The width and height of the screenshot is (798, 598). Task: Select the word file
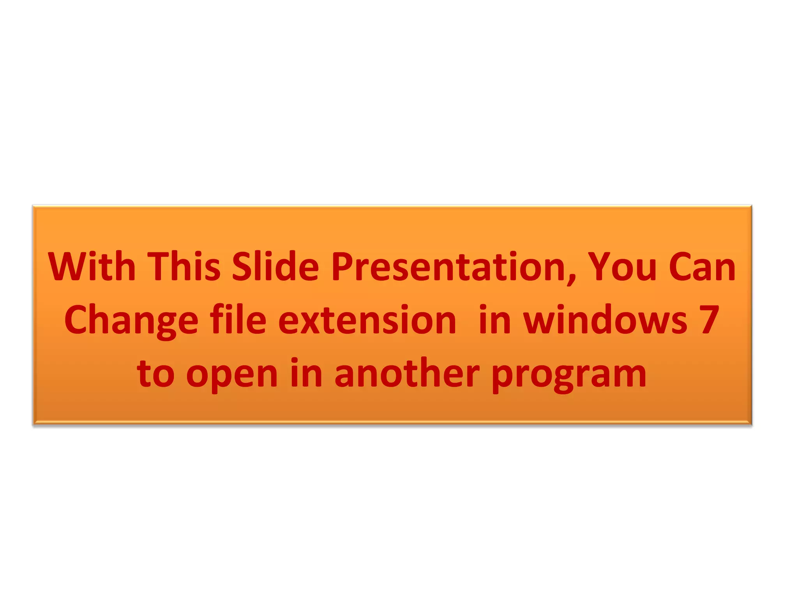(x=238, y=320)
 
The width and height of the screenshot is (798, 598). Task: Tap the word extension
(x=367, y=321)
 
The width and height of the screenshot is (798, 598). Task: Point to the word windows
(x=605, y=320)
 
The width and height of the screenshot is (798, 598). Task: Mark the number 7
(x=709, y=320)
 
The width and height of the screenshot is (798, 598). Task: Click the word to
(x=155, y=374)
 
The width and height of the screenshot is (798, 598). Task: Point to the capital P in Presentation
(x=343, y=267)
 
